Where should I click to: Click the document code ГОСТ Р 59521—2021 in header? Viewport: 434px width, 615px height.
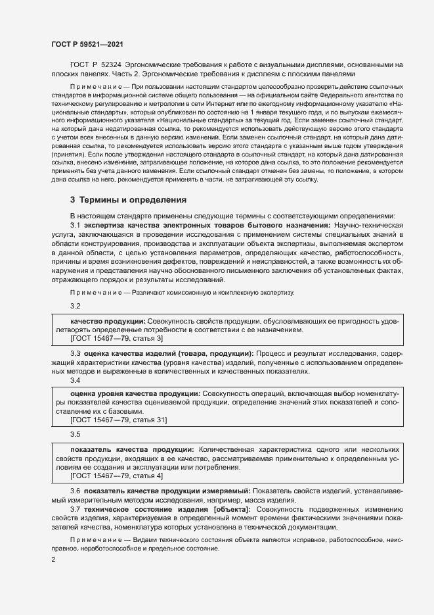(87, 44)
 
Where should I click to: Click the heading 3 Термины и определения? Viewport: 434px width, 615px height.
(128, 199)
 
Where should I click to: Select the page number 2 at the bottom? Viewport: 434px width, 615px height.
(53, 560)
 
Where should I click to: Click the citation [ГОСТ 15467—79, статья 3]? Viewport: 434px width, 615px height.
(116, 338)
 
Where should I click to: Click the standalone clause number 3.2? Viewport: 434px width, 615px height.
(75, 307)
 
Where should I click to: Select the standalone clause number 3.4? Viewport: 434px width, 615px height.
(75, 380)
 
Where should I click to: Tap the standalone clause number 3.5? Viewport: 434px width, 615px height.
(75, 435)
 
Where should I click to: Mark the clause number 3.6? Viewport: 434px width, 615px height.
(75, 491)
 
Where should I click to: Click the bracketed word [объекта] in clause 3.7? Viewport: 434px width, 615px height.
(228, 509)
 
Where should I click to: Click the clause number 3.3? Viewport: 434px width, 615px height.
(75, 354)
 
